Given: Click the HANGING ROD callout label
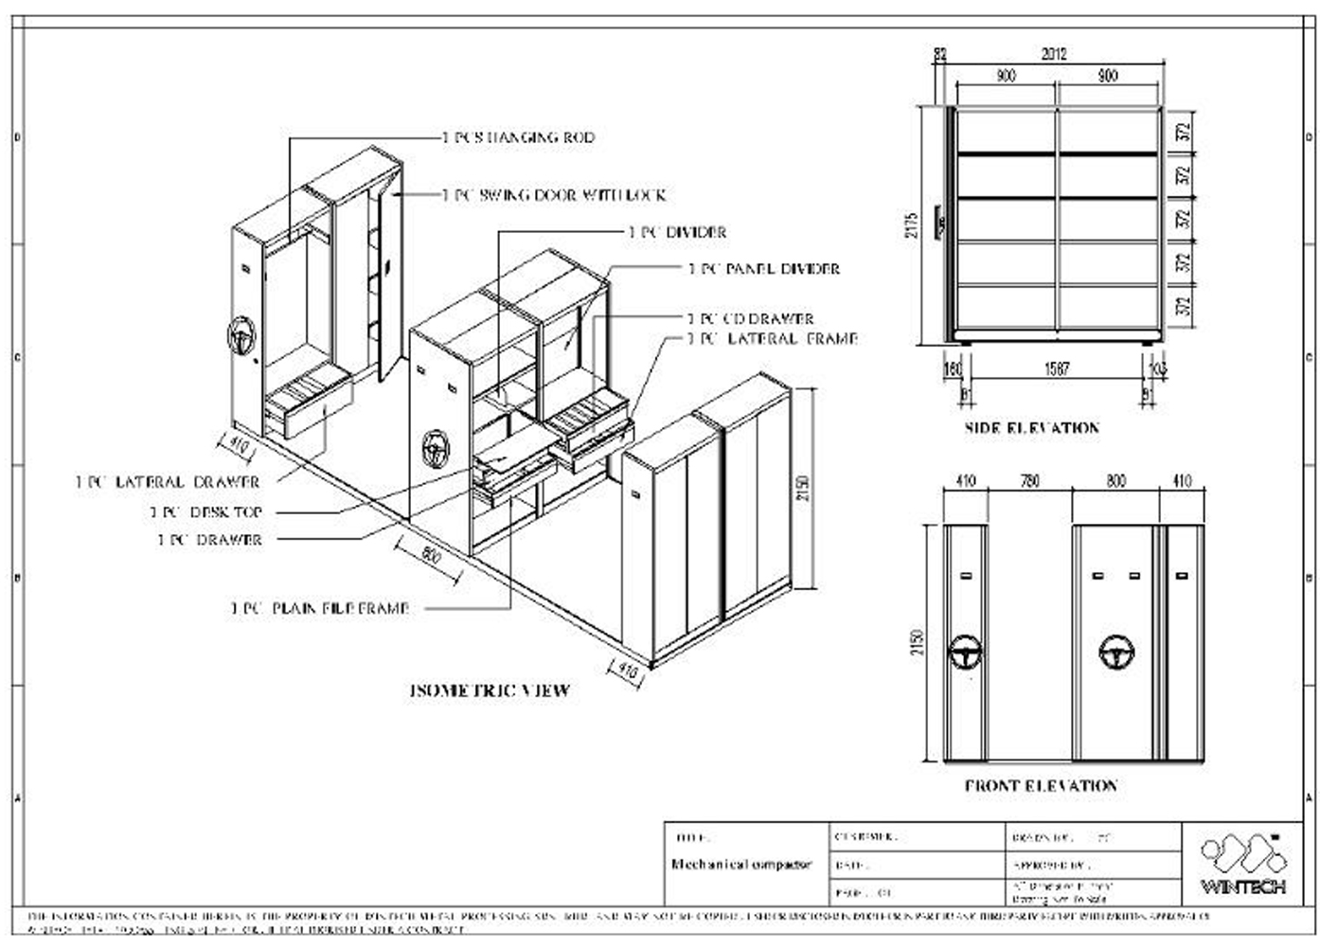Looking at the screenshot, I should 519,137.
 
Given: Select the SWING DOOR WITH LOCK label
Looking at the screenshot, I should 555,195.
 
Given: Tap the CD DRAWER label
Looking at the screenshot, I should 751,319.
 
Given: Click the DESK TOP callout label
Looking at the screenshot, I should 205,511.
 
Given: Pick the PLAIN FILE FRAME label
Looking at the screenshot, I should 319,608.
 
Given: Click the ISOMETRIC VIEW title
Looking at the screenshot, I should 490,690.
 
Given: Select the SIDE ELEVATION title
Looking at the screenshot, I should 1032,428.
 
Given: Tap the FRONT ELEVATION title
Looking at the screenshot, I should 1041,785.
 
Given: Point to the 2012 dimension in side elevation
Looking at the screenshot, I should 1054,54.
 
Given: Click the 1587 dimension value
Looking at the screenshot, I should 1057,369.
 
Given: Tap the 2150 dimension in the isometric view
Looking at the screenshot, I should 803,488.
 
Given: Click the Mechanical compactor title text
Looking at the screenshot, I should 741,865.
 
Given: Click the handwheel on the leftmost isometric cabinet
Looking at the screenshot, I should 242,337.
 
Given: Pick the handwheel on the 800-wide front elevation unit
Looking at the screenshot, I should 1116,652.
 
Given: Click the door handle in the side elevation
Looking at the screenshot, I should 941,224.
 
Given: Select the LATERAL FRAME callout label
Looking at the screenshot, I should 773,338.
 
